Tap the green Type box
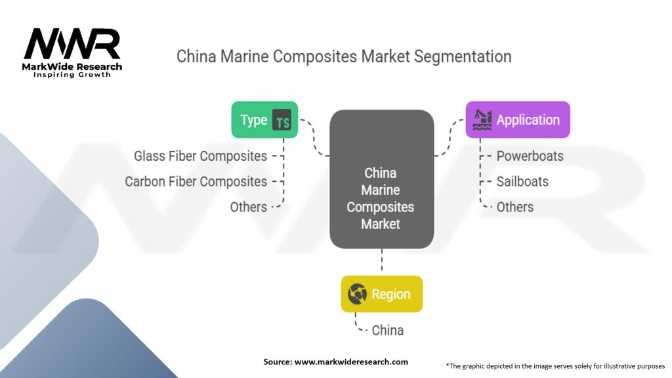coord(264,119)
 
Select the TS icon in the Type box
coord(282,120)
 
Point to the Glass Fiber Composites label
coord(200,156)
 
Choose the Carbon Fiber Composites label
coord(196,181)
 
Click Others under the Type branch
coord(248,207)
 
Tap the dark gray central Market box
coord(381,179)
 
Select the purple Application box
coord(518,119)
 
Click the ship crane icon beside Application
coord(482,119)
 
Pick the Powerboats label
coord(530,156)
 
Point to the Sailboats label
coord(522,181)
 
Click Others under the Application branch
coord(514,207)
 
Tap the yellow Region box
coord(381,294)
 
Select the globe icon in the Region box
coord(357,295)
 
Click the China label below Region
coord(387,329)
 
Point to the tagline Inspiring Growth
coord(72,75)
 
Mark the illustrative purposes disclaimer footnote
coord(555,366)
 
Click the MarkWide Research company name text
coord(72,66)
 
